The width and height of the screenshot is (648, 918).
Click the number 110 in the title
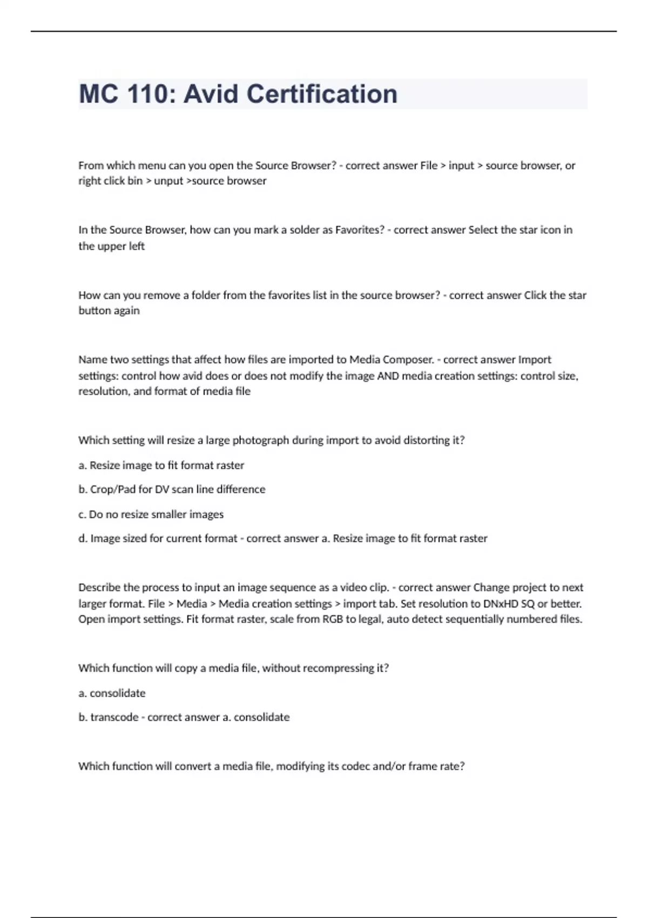click(147, 94)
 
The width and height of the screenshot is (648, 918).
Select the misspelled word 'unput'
click(168, 181)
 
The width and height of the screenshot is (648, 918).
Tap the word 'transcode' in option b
click(114, 717)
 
